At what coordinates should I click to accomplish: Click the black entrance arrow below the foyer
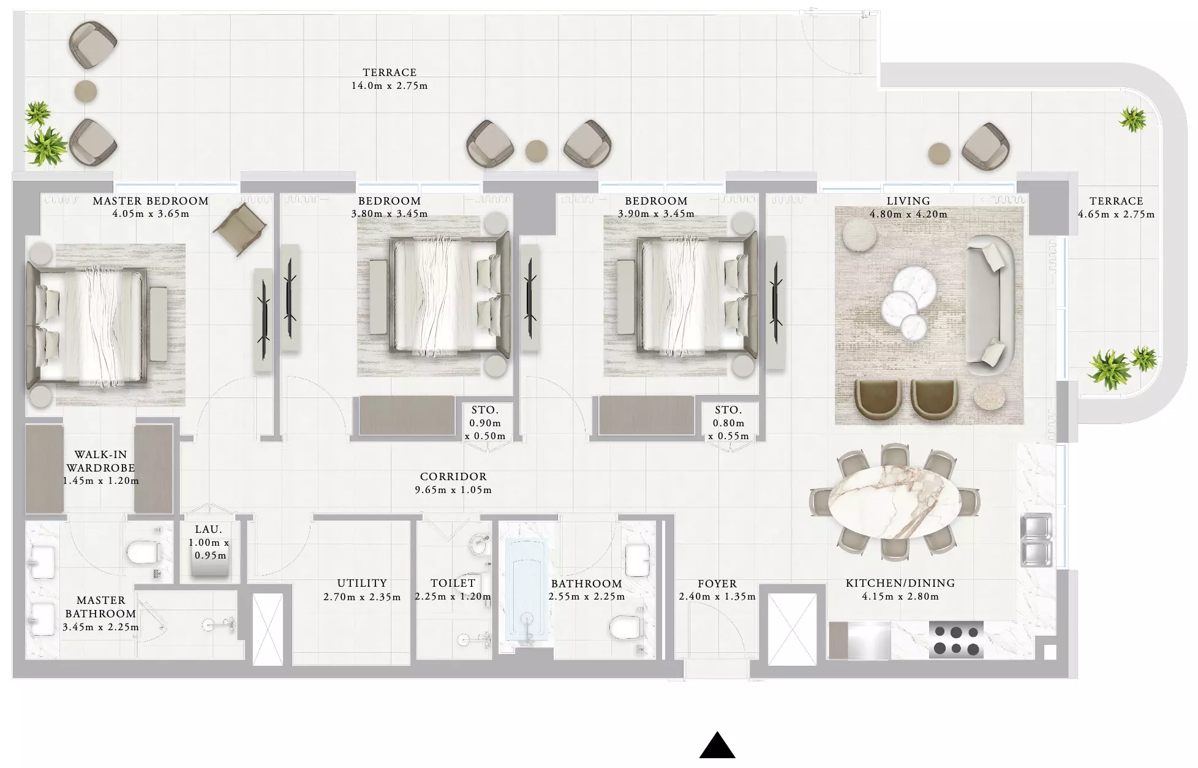717,746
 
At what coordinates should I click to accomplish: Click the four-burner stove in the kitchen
956,640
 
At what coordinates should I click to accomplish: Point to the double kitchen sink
1036,540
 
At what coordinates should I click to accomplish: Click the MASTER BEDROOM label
151,201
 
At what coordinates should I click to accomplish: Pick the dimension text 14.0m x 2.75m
390,86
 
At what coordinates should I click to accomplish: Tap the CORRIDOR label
453,476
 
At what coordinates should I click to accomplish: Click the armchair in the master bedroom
240,228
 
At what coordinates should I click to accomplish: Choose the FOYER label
717,584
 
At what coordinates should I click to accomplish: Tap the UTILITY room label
362,583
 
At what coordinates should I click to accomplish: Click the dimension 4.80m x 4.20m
908,214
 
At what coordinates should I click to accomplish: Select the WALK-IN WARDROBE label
101,461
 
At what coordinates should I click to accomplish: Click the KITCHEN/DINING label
900,583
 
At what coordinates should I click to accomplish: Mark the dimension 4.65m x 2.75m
1116,214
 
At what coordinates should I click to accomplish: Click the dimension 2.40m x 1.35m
717,597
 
